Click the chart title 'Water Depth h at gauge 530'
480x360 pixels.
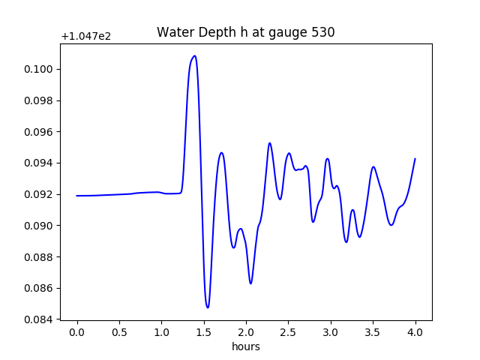coord(245,32)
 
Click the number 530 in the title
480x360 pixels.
coord(323,32)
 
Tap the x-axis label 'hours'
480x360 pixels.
coord(245,347)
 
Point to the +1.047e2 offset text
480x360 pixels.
coord(85,36)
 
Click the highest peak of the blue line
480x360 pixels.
coord(195,55)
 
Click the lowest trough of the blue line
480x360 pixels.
coord(208,307)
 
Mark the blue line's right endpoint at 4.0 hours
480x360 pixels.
coord(415,159)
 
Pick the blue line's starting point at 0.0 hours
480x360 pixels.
coord(77,196)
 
